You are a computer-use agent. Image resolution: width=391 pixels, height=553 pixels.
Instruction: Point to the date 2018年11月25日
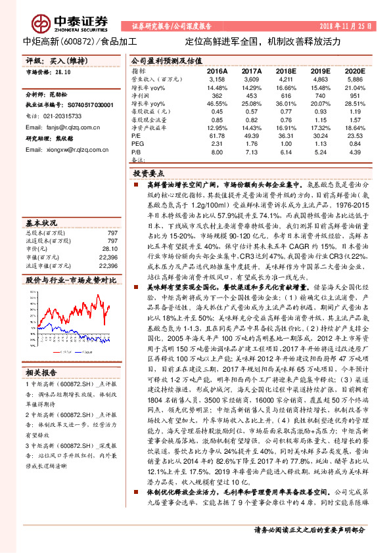point(347,26)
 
